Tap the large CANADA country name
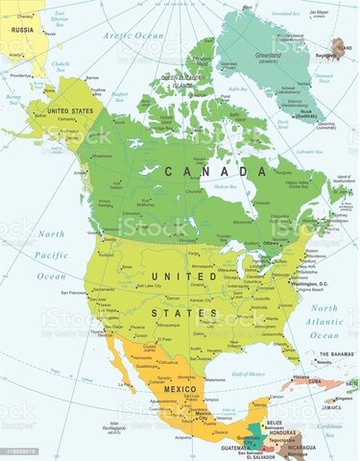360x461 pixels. pos(204,171)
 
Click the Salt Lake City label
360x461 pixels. pos(141,287)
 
